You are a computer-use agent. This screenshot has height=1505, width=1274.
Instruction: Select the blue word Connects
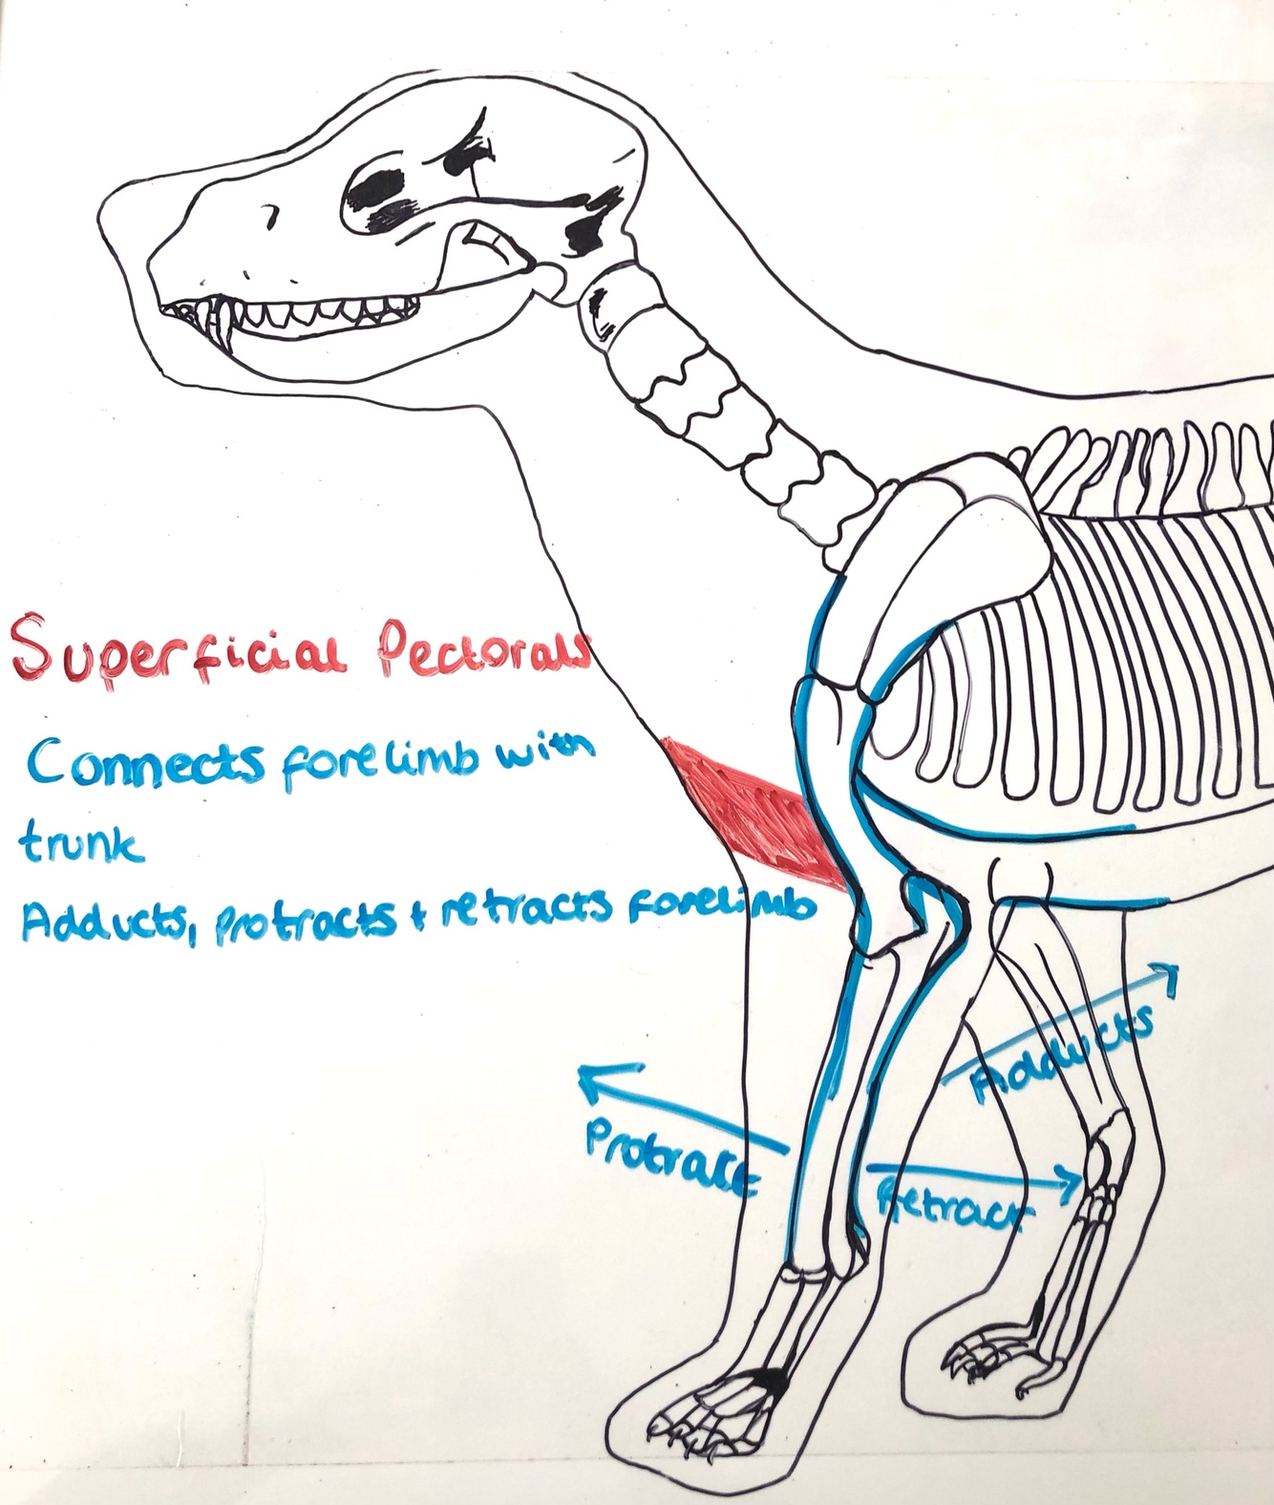[147, 764]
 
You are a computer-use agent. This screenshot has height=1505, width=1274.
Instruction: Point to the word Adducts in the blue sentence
[101, 921]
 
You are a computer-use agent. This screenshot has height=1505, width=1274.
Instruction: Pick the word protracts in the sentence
[306, 921]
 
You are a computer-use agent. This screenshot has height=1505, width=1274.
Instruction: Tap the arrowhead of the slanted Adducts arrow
[1167, 974]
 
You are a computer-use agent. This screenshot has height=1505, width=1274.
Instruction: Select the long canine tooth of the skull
[225, 320]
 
